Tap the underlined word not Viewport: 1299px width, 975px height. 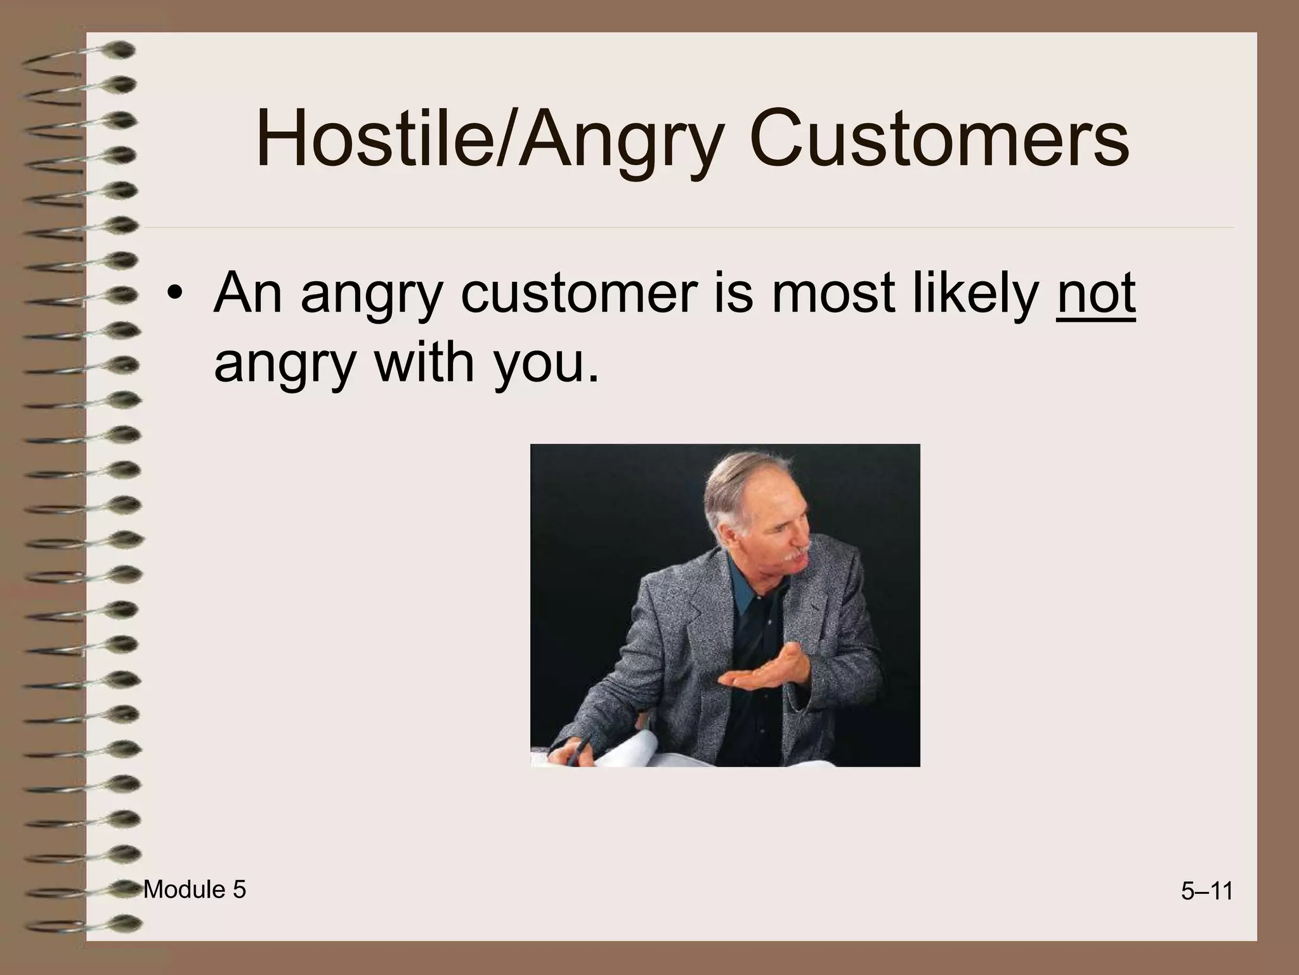tap(1095, 294)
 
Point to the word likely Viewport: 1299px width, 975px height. tap(974, 294)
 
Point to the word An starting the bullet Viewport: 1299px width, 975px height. tap(247, 294)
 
